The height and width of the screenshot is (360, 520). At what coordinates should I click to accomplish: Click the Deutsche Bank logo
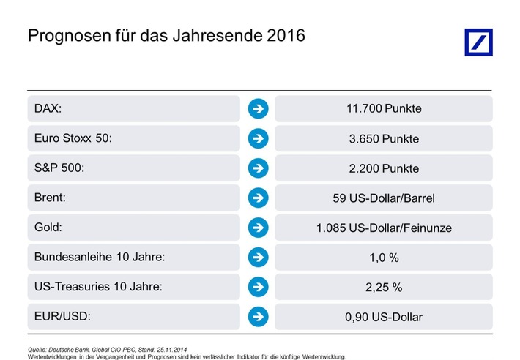[478, 42]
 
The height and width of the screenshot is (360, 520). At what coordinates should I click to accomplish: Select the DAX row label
[48, 109]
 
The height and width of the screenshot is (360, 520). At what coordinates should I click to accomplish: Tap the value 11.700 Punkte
[384, 109]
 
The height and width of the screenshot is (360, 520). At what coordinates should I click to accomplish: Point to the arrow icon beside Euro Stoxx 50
[258, 138]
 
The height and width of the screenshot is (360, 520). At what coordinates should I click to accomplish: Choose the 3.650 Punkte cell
[384, 138]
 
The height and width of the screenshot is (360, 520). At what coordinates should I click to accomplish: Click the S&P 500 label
[59, 168]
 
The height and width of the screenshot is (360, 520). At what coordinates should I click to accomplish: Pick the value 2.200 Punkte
[384, 168]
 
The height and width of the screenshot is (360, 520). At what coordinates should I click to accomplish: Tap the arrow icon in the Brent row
[258, 198]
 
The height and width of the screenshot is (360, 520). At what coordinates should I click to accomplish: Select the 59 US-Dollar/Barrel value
[384, 198]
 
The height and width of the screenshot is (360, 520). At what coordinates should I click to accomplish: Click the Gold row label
[48, 228]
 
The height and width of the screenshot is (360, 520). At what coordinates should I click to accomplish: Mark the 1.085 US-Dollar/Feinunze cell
[384, 228]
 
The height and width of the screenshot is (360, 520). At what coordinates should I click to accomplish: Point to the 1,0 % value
[384, 258]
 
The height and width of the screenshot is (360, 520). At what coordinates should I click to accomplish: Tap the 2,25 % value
[384, 287]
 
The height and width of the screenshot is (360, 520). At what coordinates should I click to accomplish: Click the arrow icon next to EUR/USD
[258, 317]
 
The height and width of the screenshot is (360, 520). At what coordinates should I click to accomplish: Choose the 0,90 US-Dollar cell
[384, 317]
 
